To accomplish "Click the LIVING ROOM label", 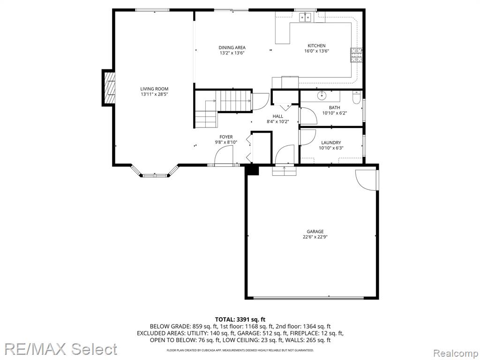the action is click(154, 89).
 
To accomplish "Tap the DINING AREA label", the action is click(232, 47).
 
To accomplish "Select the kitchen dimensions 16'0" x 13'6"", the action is click(316, 51).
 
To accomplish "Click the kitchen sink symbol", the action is click(306, 17).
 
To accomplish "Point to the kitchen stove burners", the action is click(356, 55).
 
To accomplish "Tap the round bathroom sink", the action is click(322, 96).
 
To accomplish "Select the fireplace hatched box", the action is click(109, 88).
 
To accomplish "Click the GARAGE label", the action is click(315, 232).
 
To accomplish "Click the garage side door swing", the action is click(366, 180).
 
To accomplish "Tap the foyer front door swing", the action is click(224, 155).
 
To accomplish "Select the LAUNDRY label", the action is click(331, 142).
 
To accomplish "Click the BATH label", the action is click(335, 108).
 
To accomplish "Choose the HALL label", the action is click(278, 116).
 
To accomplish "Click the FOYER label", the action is click(226, 137).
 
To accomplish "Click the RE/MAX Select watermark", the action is click(60, 349).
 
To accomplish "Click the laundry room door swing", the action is click(307, 137).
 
